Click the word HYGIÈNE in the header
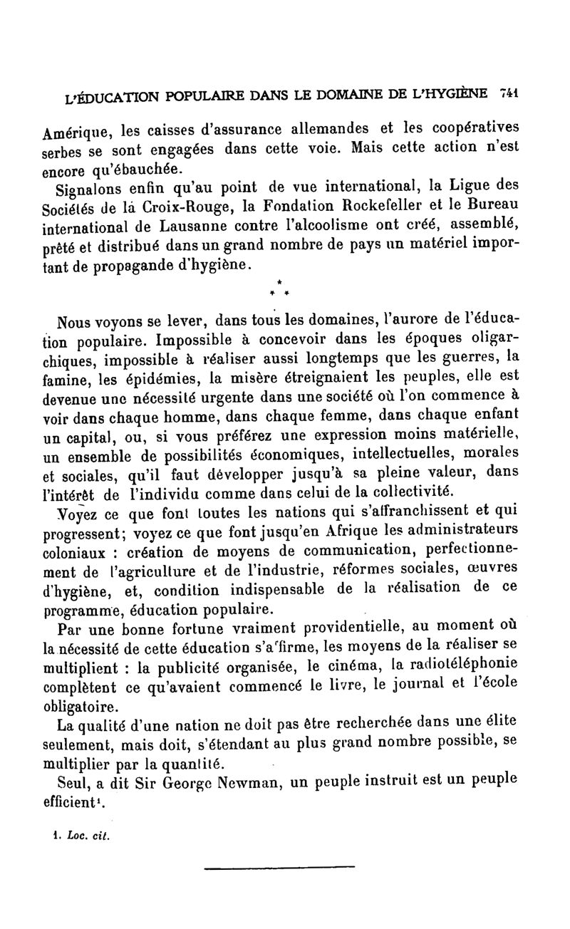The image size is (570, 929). point(453,93)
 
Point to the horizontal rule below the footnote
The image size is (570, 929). point(279,867)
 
